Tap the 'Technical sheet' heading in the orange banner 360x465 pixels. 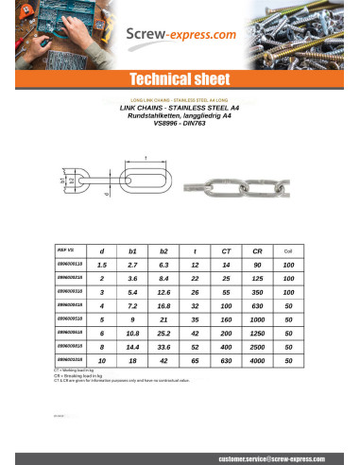coord(180,79)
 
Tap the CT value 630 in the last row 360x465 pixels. coord(226,360)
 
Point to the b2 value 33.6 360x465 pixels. coord(163,347)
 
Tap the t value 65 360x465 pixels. coord(195,360)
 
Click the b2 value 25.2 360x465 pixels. coord(163,333)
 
